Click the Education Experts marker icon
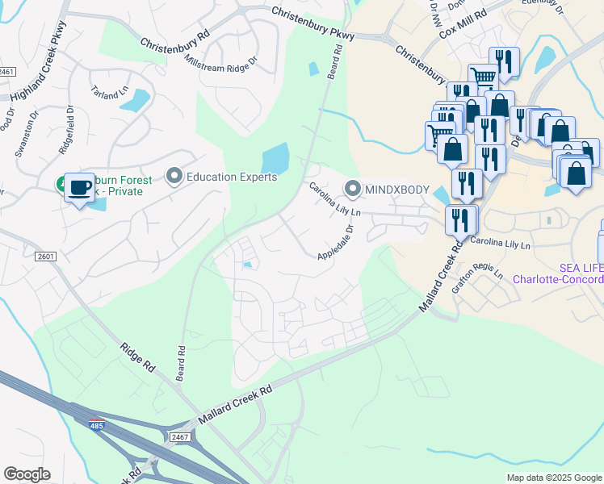[x=174, y=176]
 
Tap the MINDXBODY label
[x=397, y=190]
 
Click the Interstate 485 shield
[x=97, y=425]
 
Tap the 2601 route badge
[x=47, y=257]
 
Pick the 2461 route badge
[x=7, y=72]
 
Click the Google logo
[x=27, y=474]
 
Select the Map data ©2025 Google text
[x=553, y=478]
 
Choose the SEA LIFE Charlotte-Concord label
[x=558, y=273]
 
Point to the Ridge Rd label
[x=137, y=356]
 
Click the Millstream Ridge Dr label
[x=220, y=60]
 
